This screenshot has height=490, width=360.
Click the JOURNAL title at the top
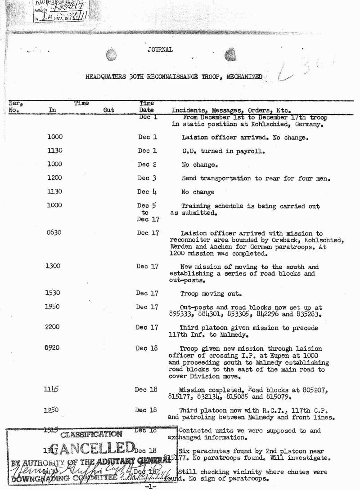[x=160, y=50]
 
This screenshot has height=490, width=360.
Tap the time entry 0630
[x=54, y=233]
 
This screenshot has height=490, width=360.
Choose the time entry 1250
[x=52, y=410]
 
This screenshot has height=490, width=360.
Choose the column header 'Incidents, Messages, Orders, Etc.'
[x=231, y=110]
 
